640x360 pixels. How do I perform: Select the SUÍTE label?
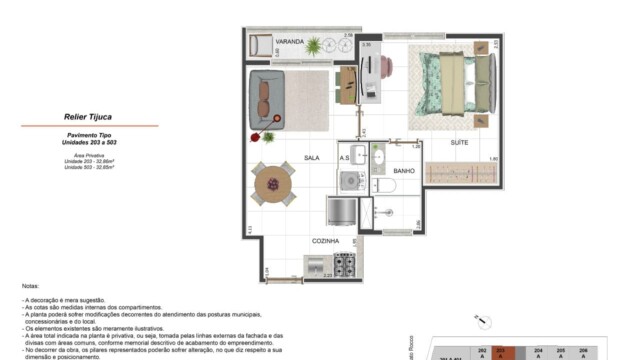[459, 144]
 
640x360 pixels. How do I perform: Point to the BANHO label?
[404, 172]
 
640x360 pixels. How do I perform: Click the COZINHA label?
[325, 241]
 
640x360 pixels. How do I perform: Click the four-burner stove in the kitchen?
[345, 265]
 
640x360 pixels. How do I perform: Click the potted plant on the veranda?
[315, 45]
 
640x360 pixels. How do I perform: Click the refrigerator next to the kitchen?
[341, 211]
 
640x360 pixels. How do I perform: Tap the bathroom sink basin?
[378, 155]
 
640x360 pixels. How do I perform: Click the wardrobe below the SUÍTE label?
[459, 173]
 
